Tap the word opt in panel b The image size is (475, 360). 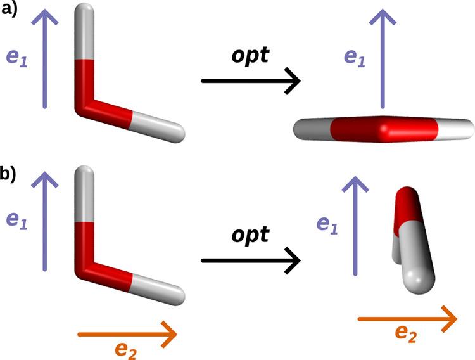tap(249, 235)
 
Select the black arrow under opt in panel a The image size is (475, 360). tap(250, 81)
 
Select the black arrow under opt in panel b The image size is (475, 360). tap(250, 260)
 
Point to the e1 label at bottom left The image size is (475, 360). tap(16, 219)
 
